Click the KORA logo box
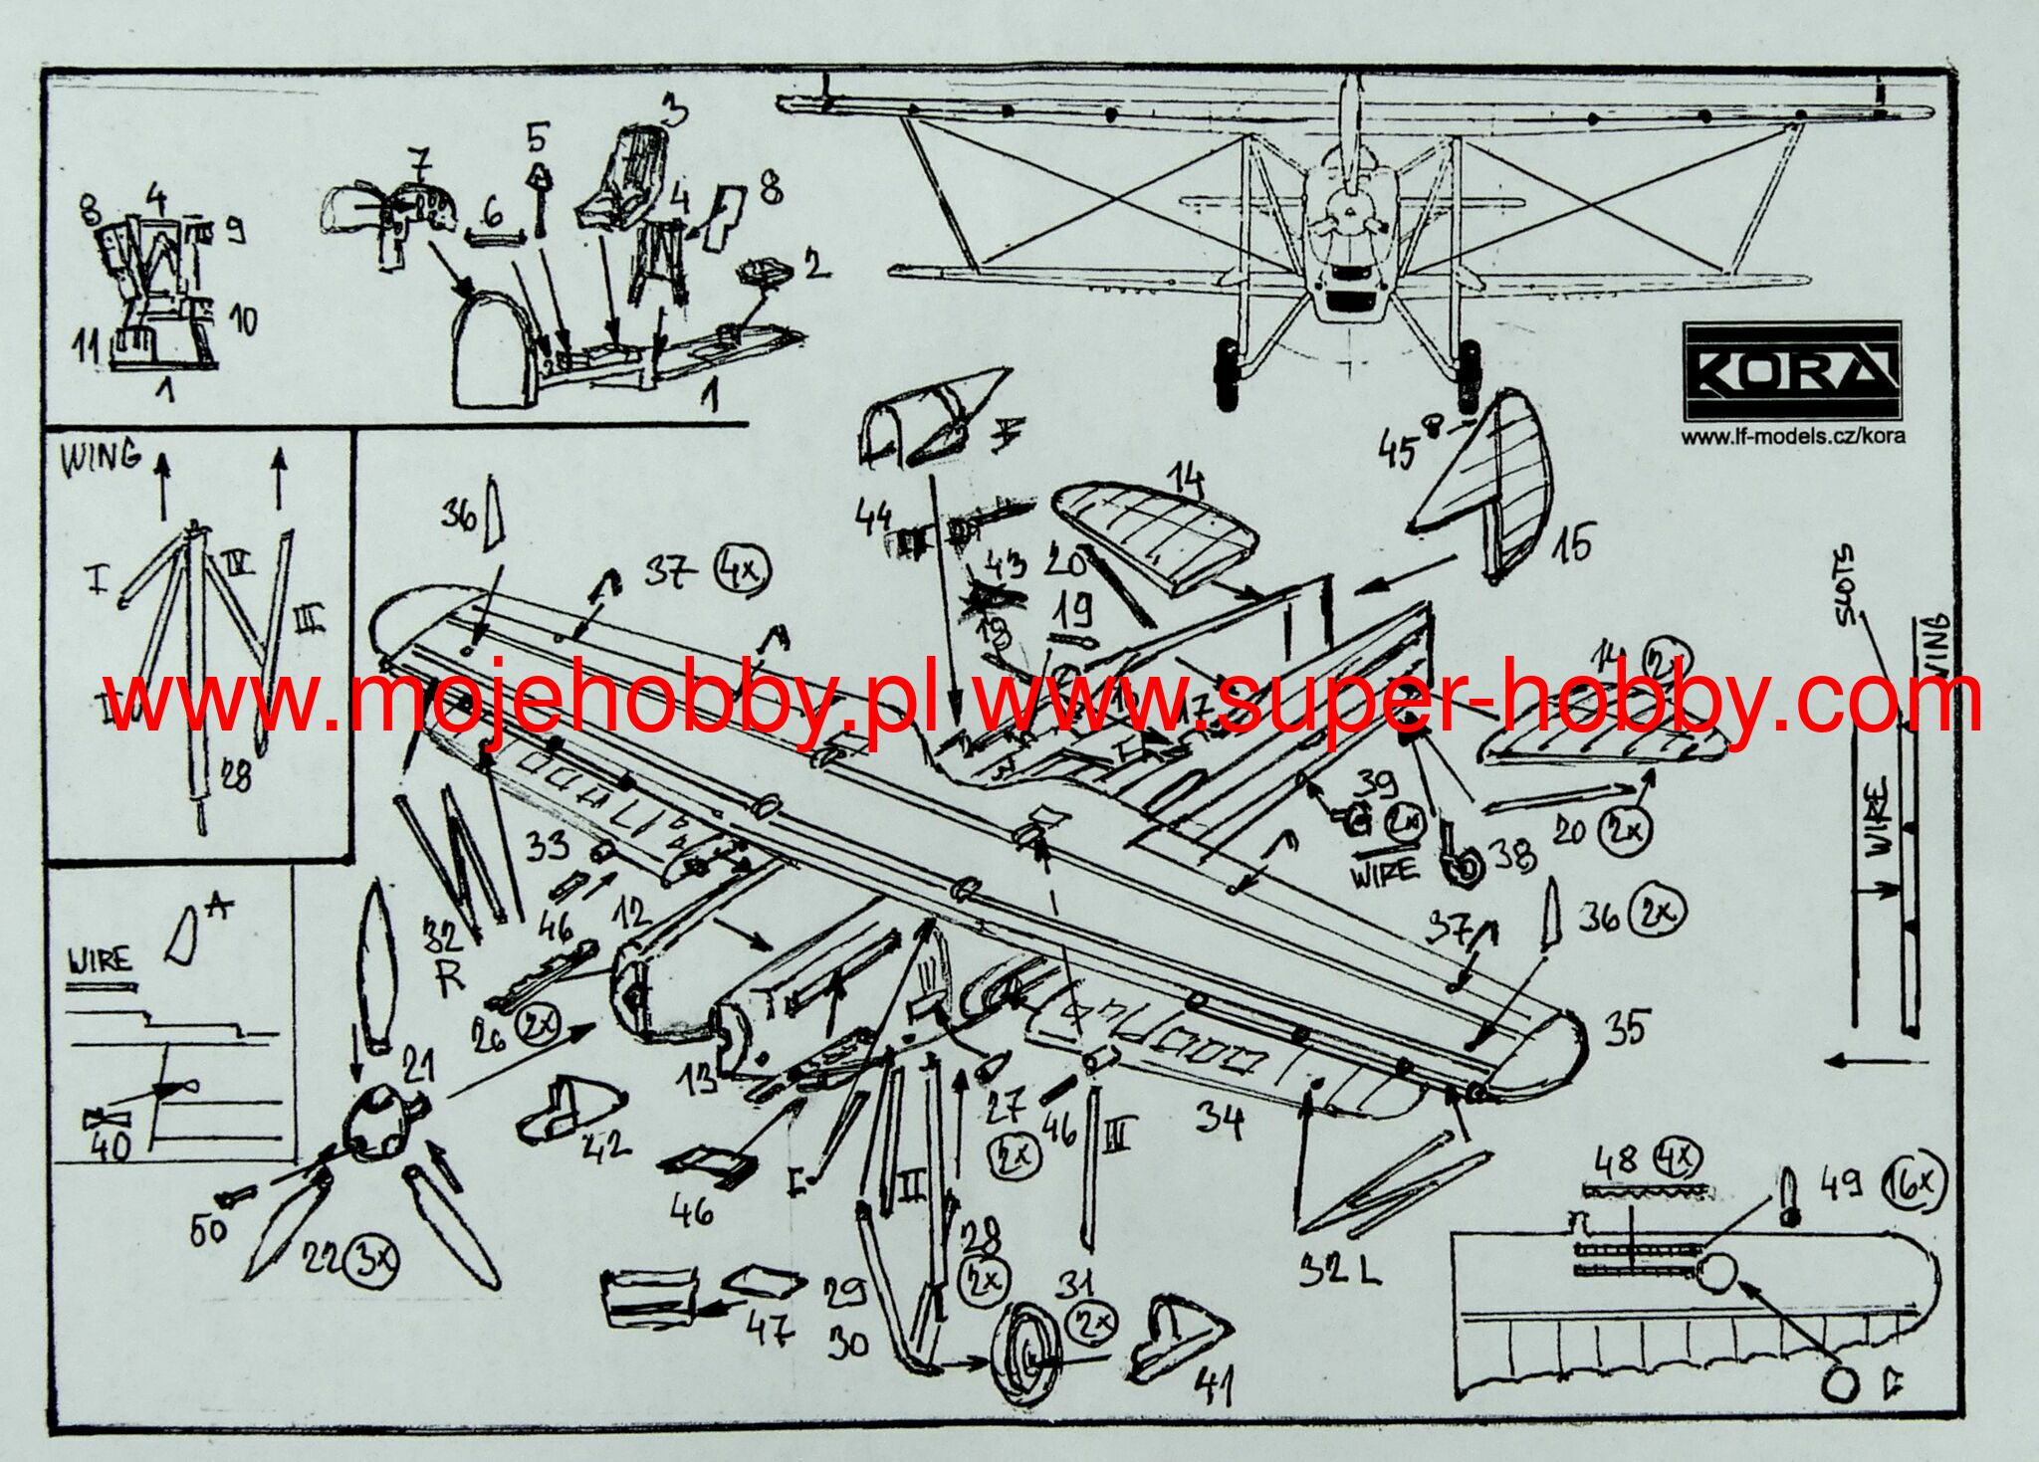pyautogui.click(x=1792, y=371)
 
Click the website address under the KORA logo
pyautogui.click(x=1793, y=436)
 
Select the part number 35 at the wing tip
pyautogui.click(x=1625, y=1028)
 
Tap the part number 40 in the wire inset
pyautogui.click(x=111, y=1146)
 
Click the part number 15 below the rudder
pyautogui.click(x=1570, y=542)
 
